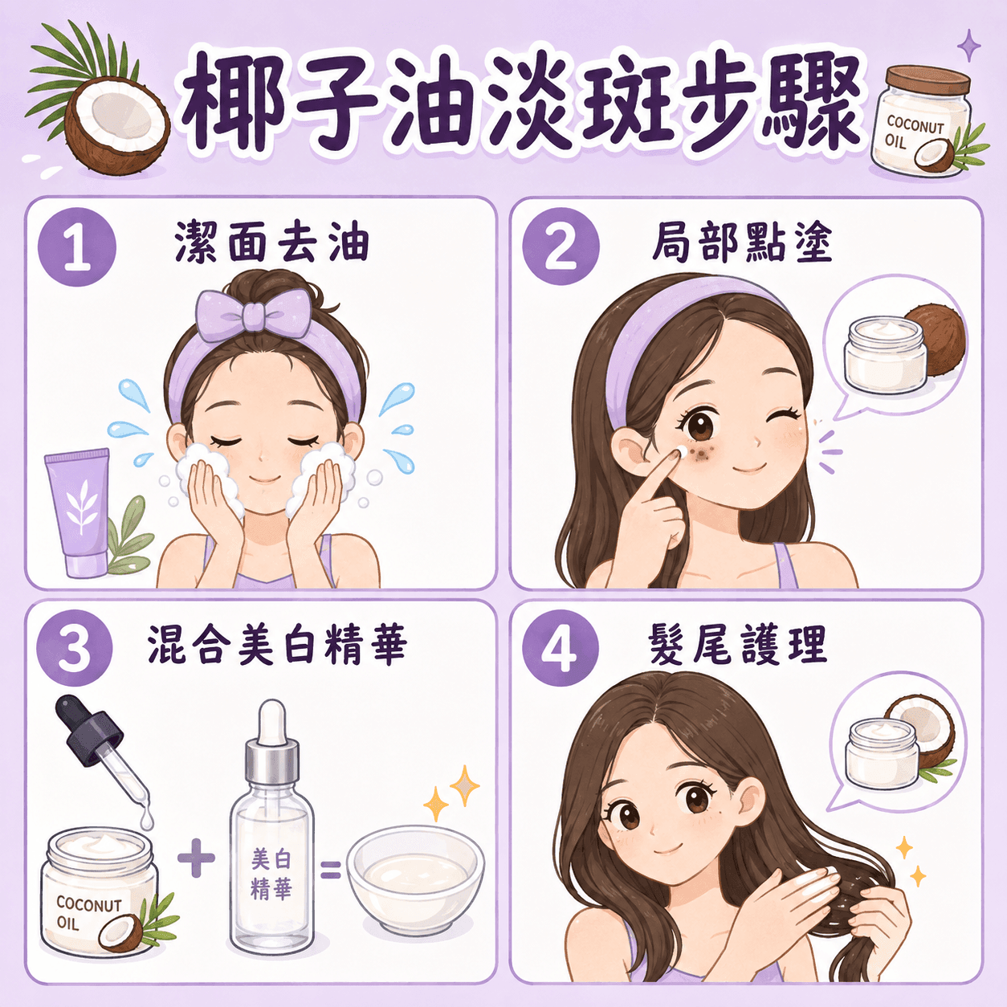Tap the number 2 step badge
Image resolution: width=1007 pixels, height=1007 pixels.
(561, 246)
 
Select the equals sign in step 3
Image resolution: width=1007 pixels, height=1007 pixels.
(330, 870)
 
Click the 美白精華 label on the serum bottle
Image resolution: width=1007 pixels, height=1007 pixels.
(271, 870)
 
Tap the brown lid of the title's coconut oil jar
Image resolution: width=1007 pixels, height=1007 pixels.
(927, 82)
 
